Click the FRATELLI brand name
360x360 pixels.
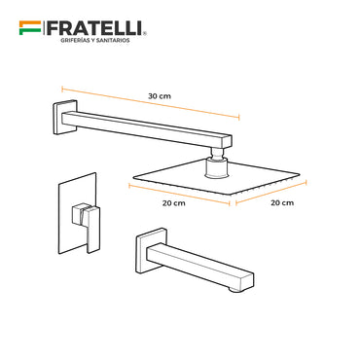coord(94,28)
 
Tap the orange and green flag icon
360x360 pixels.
coord(30,28)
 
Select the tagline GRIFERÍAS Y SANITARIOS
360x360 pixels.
coord(95,40)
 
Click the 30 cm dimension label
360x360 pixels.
coord(160,96)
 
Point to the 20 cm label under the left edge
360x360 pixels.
coord(174,203)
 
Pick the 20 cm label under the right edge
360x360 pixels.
coord(282,202)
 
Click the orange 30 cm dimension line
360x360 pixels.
coord(151,103)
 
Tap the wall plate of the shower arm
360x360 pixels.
coord(65,117)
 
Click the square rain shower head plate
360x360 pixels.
coord(215,177)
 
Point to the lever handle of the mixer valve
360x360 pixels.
coord(87,222)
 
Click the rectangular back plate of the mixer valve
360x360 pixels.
coord(77,213)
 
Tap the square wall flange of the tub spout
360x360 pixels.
coord(152,250)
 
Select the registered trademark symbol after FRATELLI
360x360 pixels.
coord(144,33)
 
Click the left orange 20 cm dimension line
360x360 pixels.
coord(179,195)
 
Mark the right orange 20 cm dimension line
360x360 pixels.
coord(270,194)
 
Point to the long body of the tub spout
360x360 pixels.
coord(200,266)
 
